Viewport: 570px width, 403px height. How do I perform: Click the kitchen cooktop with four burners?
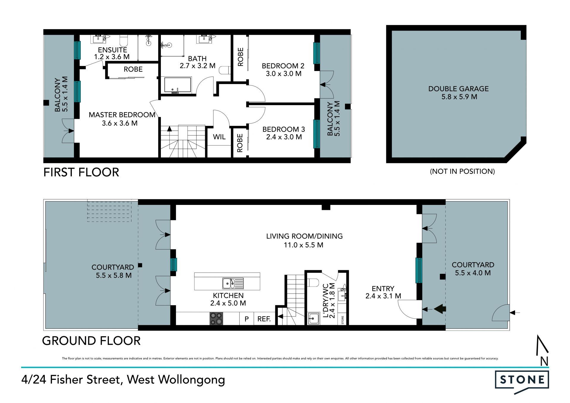tap(216, 319)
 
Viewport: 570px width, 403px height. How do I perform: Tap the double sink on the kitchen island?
tap(233, 283)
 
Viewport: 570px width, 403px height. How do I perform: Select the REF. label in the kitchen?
tap(264, 319)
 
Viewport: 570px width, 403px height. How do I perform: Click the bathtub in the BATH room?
tap(178, 86)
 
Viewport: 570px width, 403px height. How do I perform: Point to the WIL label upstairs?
tap(219, 137)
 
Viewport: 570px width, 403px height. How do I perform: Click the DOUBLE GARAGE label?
tap(458, 89)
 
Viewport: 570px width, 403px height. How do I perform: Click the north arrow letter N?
tap(544, 361)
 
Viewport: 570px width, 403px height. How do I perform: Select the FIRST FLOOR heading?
tap(81, 172)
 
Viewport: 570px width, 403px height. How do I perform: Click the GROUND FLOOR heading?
tap(91, 341)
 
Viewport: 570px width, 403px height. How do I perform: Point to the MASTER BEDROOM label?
tap(122, 115)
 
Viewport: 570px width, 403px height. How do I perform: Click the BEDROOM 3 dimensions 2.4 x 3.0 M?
tap(284, 137)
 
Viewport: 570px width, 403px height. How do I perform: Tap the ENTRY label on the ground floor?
tap(383, 289)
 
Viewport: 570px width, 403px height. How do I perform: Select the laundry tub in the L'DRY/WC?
tap(313, 319)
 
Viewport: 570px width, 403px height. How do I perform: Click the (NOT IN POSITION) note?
tap(462, 171)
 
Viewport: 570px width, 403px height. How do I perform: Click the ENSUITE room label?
tap(113, 50)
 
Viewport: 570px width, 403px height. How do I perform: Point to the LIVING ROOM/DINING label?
tap(304, 236)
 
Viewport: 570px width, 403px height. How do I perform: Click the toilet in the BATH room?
tap(225, 70)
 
